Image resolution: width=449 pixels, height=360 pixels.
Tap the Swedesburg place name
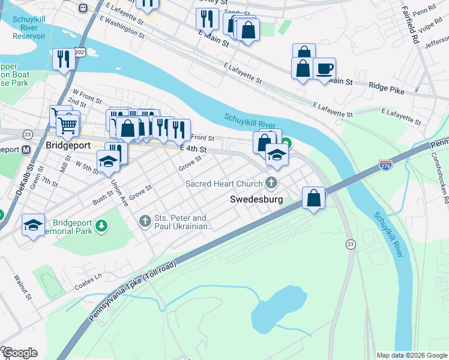[256, 199]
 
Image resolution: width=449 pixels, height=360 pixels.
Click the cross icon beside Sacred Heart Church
[272, 183]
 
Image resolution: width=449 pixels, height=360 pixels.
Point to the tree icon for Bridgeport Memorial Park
[103, 225]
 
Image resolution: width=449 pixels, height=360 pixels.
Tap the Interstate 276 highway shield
[385, 164]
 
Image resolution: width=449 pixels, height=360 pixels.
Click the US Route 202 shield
[80, 53]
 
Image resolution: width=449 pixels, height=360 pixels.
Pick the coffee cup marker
[325, 68]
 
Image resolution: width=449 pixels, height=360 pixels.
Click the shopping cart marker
[68, 125]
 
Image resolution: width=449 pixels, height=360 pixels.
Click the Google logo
[19, 353]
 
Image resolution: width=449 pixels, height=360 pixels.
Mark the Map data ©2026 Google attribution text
[411, 355]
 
